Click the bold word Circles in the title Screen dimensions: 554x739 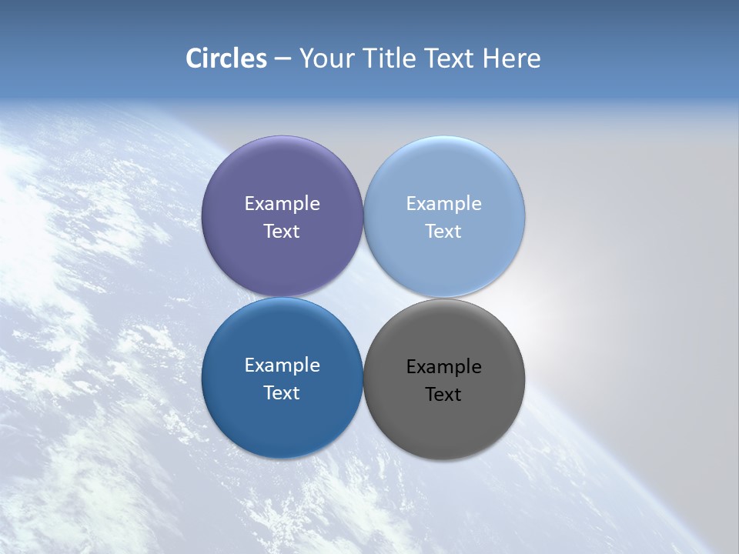[x=226, y=58]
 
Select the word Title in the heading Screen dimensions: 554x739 [x=389, y=58]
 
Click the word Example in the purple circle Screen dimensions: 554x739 [x=282, y=204]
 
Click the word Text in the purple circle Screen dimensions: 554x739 [x=282, y=232]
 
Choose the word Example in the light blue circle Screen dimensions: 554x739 [x=444, y=204]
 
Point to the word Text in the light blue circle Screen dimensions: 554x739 [x=444, y=232]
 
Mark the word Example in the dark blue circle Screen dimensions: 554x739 [x=282, y=365]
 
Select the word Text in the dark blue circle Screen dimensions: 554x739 [x=282, y=393]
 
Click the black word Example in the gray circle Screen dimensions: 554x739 [x=444, y=367]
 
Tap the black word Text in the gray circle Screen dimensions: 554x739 [x=444, y=395]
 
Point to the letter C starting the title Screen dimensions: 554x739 [x=193, y=58]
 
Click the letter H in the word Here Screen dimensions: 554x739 [x=490, y=58]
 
